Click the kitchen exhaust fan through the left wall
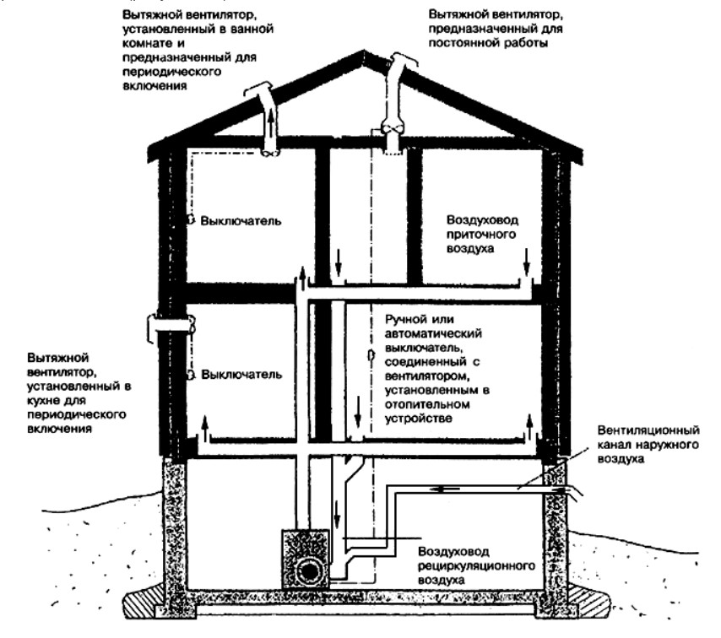point(171,323)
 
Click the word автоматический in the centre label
point(425,332)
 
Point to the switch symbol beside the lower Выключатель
point(192,373)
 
